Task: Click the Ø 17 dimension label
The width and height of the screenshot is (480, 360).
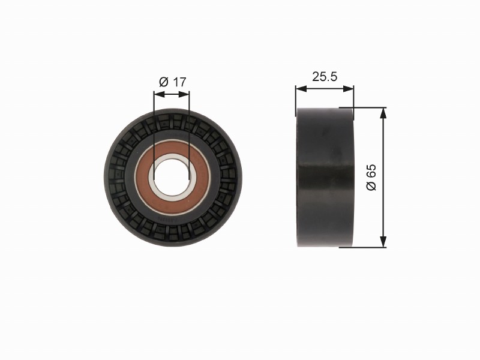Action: tap(172, 82)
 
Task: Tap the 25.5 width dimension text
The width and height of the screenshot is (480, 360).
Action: tap(325, 77)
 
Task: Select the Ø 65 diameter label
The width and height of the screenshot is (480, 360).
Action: tap(371, 177)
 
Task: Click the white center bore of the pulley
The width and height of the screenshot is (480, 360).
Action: tap(172, 178)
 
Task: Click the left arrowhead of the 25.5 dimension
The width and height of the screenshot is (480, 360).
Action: tap(301, 89)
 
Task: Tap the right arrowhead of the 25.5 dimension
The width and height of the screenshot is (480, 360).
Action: tap(348, 89)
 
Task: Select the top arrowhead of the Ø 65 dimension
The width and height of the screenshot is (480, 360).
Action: tap(383, 113)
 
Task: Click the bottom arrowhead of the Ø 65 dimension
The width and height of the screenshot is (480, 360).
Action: tap(383, 241)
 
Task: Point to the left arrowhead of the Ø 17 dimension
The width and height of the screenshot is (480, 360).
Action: tap(160, 94)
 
